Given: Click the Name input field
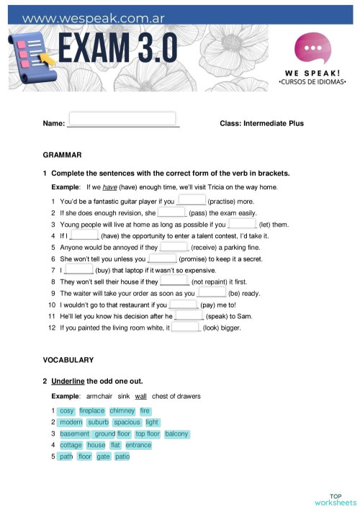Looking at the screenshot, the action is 122,120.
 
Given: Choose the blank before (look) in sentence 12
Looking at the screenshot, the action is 186,327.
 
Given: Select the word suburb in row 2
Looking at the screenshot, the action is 98,423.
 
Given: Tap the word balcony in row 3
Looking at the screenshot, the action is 176,434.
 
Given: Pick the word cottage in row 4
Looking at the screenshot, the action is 71,446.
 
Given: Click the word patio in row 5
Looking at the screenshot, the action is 122,456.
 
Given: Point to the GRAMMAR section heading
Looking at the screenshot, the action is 63,155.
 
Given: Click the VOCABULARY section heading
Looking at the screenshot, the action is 68,359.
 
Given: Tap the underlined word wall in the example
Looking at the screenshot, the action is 140,396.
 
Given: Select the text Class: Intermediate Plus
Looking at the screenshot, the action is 261,123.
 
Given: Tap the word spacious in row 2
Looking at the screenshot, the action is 127,423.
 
